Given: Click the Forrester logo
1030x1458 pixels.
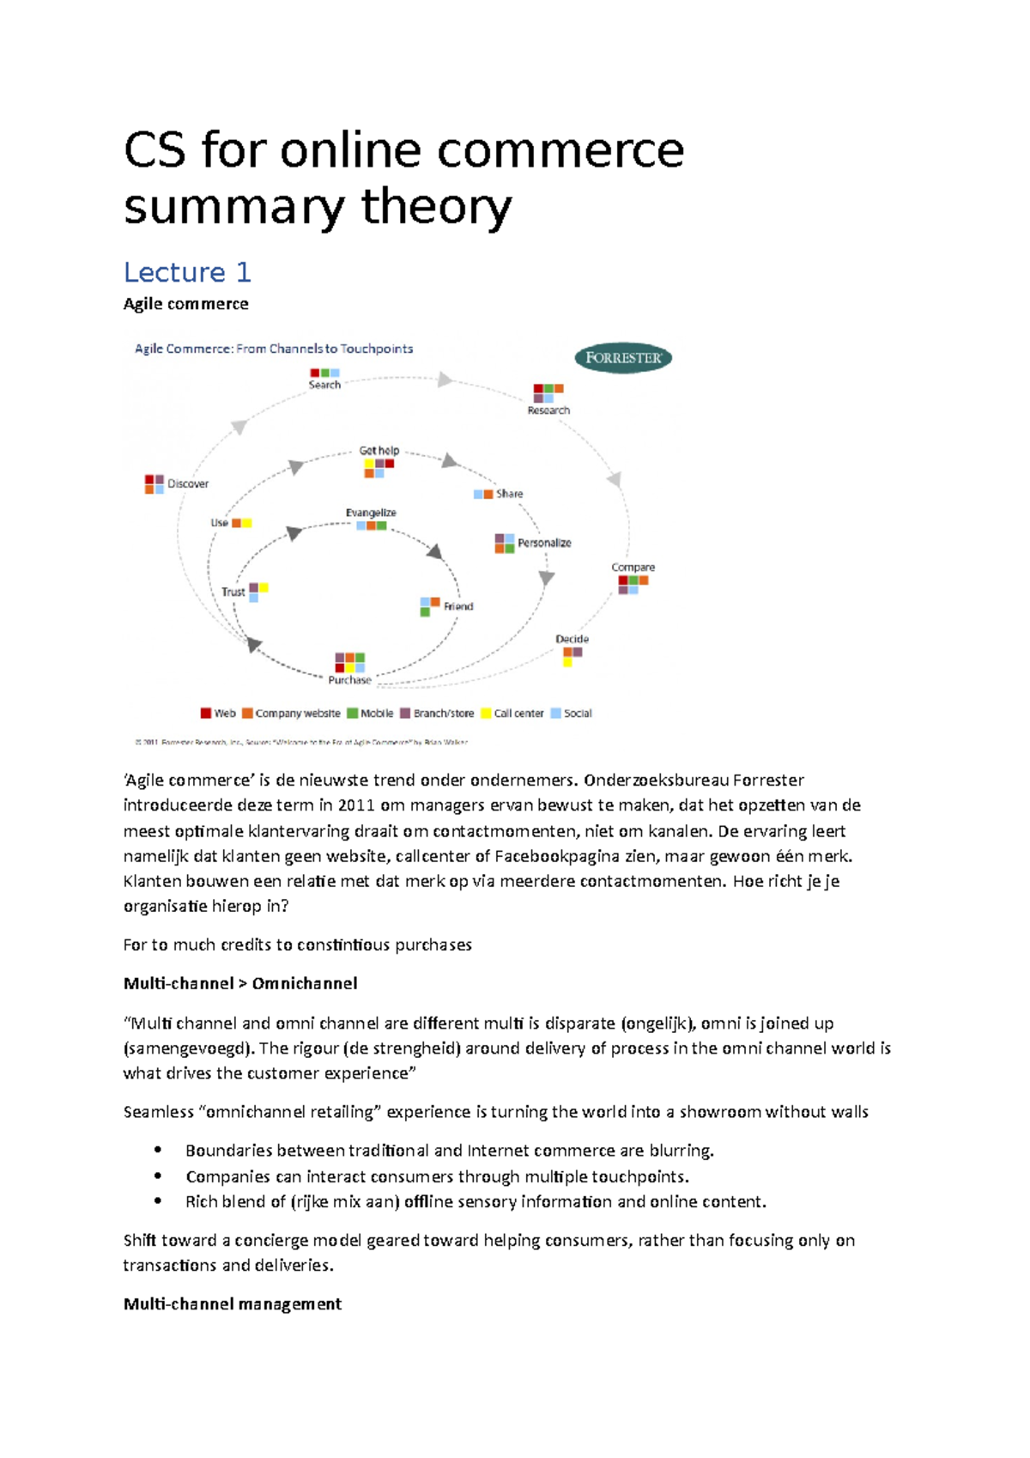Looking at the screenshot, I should pos(623,358).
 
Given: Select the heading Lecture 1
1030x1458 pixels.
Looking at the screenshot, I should pos(187,272).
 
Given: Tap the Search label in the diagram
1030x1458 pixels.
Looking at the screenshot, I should pos(324,386).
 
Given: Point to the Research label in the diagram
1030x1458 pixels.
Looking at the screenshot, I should pos(548,410).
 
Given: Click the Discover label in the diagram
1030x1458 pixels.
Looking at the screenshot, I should pos(188,484).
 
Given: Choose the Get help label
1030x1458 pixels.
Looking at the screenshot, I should pos(379,451).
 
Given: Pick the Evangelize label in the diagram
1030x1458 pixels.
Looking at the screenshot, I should pos(371,513).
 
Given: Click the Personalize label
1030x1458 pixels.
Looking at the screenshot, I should pos(544,544).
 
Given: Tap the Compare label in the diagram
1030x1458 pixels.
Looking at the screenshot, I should pos(633,568).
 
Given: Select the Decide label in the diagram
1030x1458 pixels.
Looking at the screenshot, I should pos(572,639).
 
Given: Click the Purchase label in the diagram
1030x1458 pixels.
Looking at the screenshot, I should pos(349,680).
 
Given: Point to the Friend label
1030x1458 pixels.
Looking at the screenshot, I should pos(458,606).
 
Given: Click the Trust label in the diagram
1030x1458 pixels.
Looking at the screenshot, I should pos(233,592).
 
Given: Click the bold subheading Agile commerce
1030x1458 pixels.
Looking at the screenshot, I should pos(185,304).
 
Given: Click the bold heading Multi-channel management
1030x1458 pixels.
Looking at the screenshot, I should pos(232,1304).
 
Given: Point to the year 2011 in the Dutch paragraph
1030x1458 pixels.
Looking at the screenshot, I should pos(356,805).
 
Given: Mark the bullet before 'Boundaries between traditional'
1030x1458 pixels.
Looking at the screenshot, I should pos(158,1151).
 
